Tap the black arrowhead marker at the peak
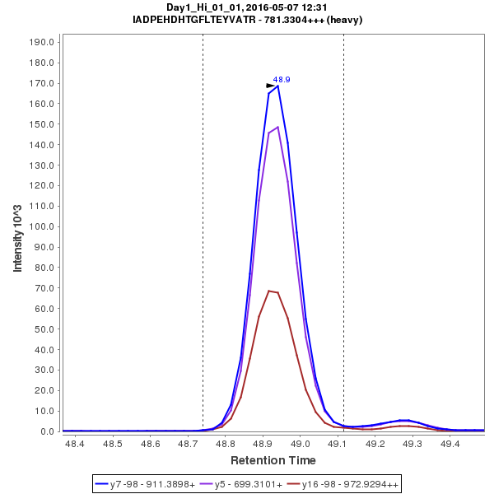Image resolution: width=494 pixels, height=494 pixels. pos(270,86)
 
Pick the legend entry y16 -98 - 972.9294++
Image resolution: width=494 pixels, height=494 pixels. pos(347,484)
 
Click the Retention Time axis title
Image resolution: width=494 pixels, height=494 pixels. pos(273,460)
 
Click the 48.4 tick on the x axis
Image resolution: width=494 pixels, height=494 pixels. pos(75,444)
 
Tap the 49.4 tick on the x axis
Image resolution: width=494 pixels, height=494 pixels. pos(450,444)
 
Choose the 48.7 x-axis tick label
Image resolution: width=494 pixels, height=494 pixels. pos(187,444)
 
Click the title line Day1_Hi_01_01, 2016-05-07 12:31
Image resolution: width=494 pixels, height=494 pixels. pos(247,7)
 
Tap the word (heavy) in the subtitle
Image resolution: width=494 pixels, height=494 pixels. pos(345,20)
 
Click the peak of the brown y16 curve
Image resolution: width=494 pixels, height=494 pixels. pos(269,291)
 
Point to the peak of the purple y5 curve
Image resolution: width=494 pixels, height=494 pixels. pos(278,127)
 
